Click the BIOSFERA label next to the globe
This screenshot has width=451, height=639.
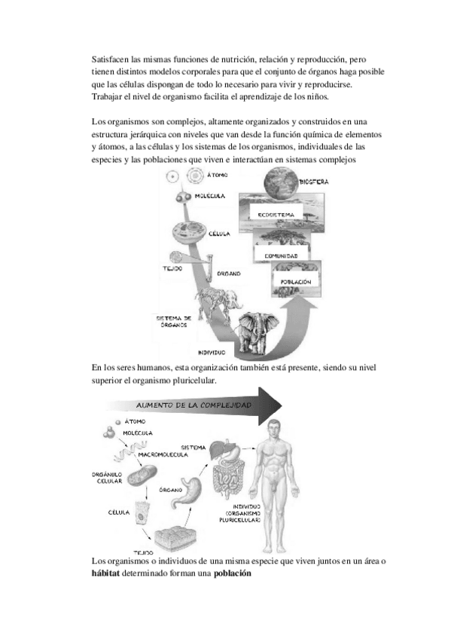tap(314, 182)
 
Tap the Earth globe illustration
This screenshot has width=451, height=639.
tap(281, 182)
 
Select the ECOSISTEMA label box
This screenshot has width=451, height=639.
tap(276, 215)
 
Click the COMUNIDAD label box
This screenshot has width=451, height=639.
tap(281, 256)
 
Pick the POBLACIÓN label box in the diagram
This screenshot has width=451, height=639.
tap(296, 282)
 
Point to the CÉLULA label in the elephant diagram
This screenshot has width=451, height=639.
tap(219, 234)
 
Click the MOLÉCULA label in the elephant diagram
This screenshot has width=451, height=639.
tap(209, 196)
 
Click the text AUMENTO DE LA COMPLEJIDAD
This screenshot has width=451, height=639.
tap(194, 405)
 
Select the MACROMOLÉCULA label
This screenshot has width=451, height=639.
tap(163, 454)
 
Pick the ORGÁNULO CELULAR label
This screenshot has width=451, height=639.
tap(108, 478)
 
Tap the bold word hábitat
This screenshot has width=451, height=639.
tap(105, 573)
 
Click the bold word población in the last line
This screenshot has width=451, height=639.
tap(233, 573)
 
